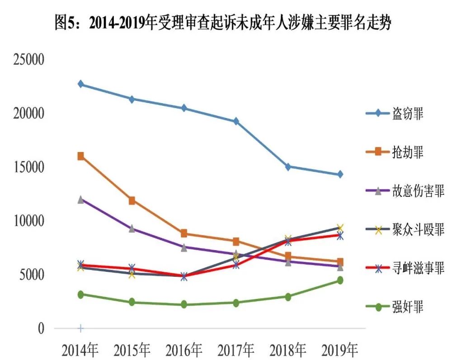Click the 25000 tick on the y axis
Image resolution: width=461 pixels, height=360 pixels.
click(x=28, y=60)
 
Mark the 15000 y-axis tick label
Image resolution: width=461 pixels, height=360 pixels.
click(x=28, y=167)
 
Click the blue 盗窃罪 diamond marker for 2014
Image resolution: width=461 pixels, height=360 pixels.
click(x=81, y=84)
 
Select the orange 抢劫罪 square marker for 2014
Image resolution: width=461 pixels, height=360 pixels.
click(x=81, y=156)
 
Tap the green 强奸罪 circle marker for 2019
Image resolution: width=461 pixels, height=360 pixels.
click(x=340, y=280)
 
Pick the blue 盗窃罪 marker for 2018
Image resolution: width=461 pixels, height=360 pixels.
click(x=288, y=166)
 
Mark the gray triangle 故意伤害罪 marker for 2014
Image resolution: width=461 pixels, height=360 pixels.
click(x=81, y=199)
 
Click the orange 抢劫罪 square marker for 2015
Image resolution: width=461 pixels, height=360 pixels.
click(x=132, y=200)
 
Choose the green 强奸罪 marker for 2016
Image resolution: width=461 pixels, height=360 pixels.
click(x=184, y=305)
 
